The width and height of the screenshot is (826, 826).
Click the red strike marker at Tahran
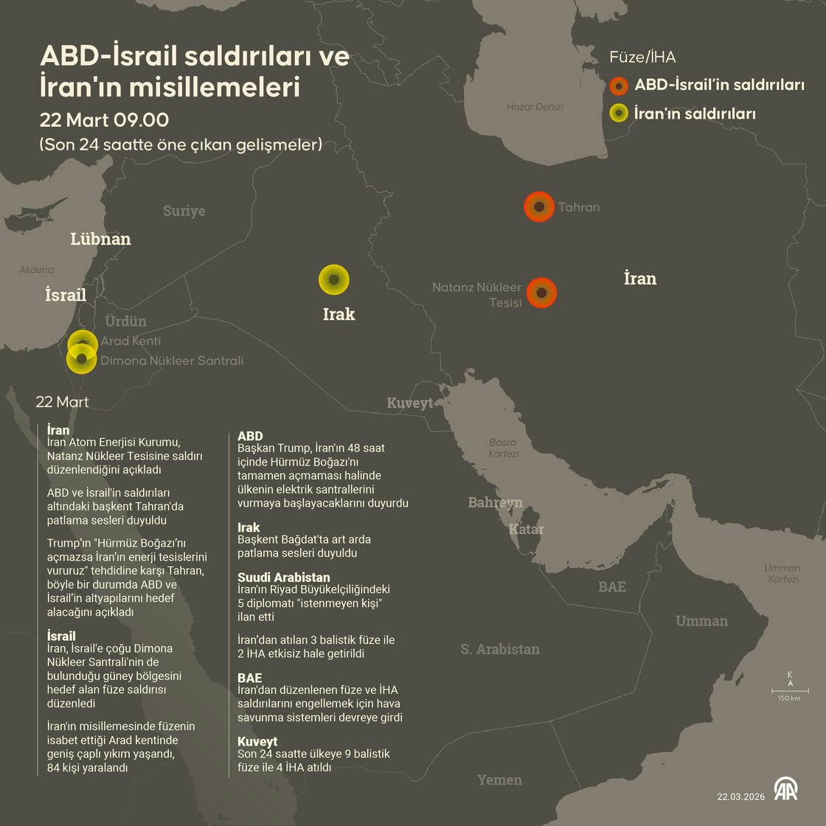pyautogui.click(x=539, y=207)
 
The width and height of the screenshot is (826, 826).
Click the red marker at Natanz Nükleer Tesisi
pyautogui.click(x=542, y=293)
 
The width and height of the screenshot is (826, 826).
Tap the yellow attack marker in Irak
pyautogui.click(x=334, y=280)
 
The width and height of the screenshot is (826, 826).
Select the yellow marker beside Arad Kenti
pyautogui.click(x=83, y=343)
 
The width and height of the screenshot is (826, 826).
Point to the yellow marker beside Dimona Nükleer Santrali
pyautogui.click(x=81, y=359)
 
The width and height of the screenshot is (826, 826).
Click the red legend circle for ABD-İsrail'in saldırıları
pyautogui.click(x=619, y=86)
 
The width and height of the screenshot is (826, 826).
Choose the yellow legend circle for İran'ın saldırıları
pyautogui.click(x=619, y=114)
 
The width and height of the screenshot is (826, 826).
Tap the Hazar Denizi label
pyautogui.click(x=535, y=107)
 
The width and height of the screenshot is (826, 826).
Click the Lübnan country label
pyautogui.click(x=100, y=239)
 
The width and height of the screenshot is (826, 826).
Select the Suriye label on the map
pyautogui.click(x=184, y=211)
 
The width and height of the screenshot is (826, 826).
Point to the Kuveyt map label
pyautogui.click(x=410, y=403)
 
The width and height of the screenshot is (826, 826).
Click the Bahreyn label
pyautogui.click(x=495, y=502)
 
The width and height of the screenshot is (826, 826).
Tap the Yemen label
pyautogui.click(x=499, y=780)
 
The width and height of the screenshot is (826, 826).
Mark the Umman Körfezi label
pyautogui.click(x=782, y=573)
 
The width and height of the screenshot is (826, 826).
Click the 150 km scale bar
pyautogui.click(x=790, y=692)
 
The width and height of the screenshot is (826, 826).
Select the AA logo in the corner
pyautogui.click(x=785, y=788)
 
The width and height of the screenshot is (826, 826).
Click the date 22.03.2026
pyautogui.click(x=740, y=796)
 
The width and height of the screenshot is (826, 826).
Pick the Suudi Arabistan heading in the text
pyautogui.click(x=283, y=577)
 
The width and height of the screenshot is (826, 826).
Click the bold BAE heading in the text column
pyautogui.click(x=249, y=677)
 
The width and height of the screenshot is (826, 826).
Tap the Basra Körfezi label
pyautogui.click(x=503, y=448)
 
